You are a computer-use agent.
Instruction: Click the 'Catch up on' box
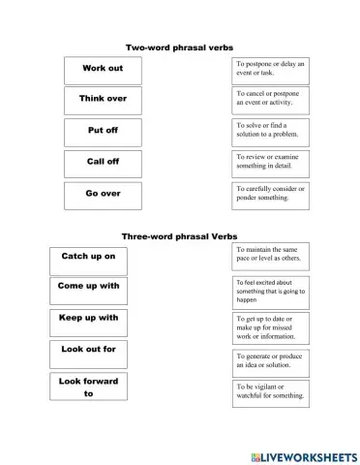(88, 257)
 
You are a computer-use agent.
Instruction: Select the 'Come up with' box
(88, 287)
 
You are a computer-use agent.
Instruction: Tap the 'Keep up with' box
(88, 319)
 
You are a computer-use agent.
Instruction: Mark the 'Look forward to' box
(88, 387)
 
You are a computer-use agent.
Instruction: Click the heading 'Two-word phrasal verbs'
(180, 46)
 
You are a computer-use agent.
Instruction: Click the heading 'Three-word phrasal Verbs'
(179, 236)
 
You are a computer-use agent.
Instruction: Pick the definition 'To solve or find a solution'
(270, 130)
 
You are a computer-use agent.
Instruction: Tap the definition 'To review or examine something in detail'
(270, 161)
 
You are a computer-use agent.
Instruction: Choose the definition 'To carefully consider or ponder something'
(270, 193)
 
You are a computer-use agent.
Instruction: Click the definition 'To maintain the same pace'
(270, 255)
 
